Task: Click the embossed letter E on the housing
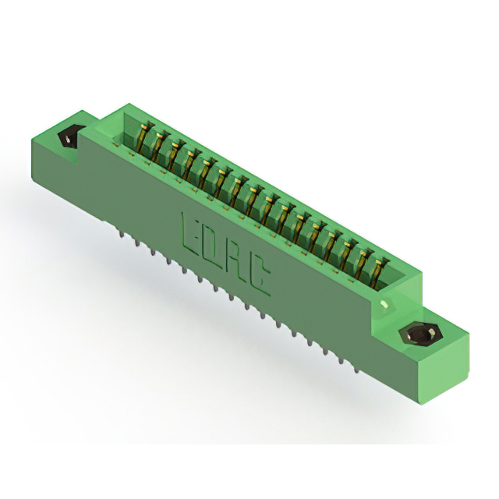[190, 234]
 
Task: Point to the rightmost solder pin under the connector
[357, 370]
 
